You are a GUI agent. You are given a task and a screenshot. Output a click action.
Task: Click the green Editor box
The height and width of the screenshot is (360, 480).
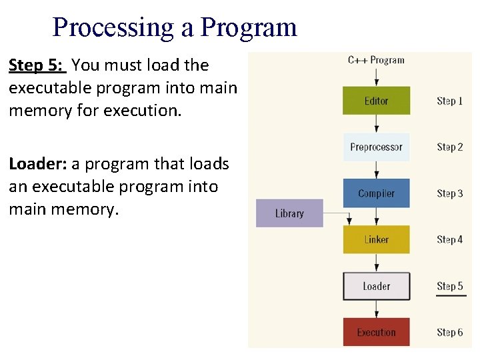tap(376, 101)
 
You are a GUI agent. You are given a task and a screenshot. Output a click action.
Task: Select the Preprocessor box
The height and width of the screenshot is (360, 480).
tap(376, 147)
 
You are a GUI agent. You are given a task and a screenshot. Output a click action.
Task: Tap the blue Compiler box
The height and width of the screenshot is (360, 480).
tap(376, 193)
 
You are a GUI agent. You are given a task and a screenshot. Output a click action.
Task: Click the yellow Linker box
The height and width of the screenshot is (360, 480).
tap(376, 239)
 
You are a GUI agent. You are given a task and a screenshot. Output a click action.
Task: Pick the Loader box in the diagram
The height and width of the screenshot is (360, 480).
tap(376, 286)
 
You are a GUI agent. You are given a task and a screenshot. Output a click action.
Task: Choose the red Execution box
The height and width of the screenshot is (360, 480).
tap(376, 332)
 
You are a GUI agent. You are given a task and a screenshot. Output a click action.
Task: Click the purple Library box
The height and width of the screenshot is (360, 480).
tap(289, 213)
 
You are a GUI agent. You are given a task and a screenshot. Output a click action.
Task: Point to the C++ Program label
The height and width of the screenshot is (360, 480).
tap(376, 60)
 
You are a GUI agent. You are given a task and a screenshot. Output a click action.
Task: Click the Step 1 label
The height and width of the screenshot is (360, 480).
tap(450, 101)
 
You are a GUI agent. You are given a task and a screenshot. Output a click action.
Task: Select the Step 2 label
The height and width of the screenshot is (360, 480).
tap(450, 147)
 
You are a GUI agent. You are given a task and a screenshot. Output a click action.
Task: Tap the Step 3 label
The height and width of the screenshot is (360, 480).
tap(450, 193)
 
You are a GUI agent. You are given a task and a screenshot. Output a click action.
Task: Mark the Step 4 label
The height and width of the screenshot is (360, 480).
tap(450, 239)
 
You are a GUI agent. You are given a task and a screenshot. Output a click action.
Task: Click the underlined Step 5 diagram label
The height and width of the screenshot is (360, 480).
tap(450, 286)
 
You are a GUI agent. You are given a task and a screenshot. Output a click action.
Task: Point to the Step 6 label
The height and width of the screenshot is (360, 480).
tap(450, 332)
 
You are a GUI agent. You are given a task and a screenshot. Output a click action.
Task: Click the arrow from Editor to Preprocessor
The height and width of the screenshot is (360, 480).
tap(376, 124)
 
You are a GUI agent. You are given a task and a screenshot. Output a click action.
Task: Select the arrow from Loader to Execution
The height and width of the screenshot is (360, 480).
tap(376, 309)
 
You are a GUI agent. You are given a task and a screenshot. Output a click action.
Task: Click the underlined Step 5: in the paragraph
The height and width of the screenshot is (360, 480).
tap(37, 65)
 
